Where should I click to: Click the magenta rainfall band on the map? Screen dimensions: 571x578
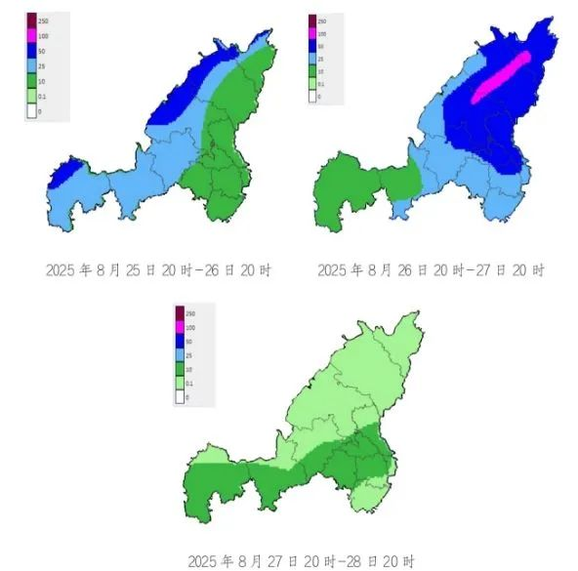(x=503, y=76)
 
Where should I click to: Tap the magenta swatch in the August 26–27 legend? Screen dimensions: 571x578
(x=311, y=33)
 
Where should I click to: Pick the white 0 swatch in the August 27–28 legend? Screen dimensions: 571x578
(x=180, y=398)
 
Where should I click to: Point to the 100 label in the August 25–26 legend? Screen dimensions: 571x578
(x=44, y=35)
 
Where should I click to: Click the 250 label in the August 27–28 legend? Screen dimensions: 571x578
(x=192, y=312)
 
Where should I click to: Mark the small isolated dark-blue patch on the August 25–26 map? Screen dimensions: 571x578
(x=60, y=175)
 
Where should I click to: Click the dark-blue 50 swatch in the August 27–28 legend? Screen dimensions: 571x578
(x=180, y=342)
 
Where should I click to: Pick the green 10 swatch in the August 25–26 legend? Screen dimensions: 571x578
(x=31, y=79)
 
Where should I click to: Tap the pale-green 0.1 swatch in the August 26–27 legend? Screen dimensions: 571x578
(x=311, y=84)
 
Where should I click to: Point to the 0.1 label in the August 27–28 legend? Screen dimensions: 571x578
(x=192, y=385)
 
